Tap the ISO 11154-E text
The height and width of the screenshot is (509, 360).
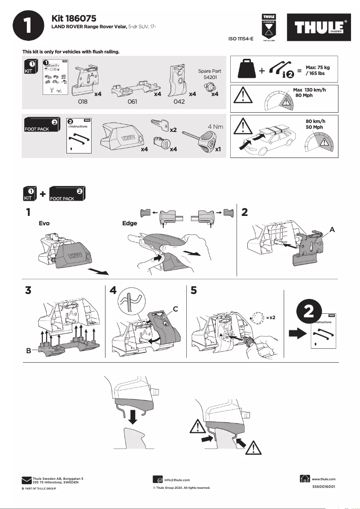[241, 39]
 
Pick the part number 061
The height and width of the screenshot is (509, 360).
[132, 102]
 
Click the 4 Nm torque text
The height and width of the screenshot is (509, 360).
[215, 127]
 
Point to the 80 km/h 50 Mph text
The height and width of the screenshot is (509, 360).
[315, 124]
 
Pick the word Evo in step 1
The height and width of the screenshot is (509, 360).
[44, 223]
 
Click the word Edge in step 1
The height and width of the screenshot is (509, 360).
[130, 223]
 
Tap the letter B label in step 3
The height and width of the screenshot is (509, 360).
[28, 351]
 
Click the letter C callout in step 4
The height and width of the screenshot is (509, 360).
[176, 308]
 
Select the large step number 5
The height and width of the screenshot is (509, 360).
[193, 290]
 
